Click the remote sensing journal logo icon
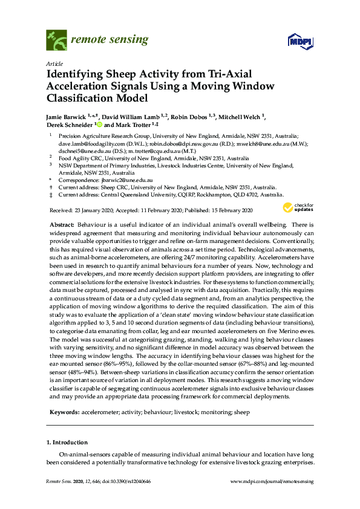point(57,41)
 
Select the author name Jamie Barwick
point(67,114)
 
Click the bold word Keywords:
point(64,412)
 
